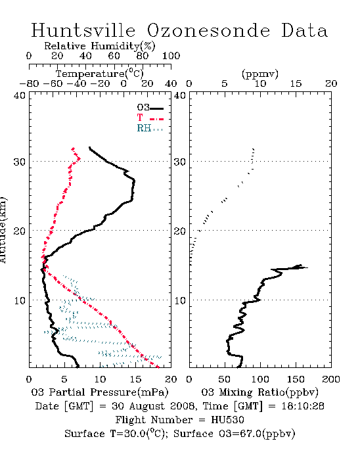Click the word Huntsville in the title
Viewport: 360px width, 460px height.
point(83,30)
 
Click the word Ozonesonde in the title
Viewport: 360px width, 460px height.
point(208,30)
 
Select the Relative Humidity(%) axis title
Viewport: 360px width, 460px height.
point(100,46)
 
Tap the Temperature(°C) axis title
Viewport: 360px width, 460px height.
point(100,74)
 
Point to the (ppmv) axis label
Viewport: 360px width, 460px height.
point(260,74)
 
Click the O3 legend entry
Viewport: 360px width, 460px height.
point(150,108)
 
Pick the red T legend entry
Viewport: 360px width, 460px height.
point(150,118)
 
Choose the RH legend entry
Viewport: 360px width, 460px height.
point(150,128)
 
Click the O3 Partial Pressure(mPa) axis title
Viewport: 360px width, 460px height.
point(100,392)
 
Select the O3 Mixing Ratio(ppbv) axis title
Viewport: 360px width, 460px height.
point(259,392)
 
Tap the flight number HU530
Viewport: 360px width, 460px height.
point(227,419)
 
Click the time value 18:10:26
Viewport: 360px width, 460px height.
point(303,405)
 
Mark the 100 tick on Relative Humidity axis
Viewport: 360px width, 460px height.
point(171,56)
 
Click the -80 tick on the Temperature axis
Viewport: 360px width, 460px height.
point(29,83)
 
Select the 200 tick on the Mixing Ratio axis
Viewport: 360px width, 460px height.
point(331,379)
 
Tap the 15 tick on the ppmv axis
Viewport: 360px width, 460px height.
point(296,83)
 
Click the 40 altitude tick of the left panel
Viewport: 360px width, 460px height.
point(20,95)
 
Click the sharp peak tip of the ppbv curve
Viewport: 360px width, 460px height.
point(307,267)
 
